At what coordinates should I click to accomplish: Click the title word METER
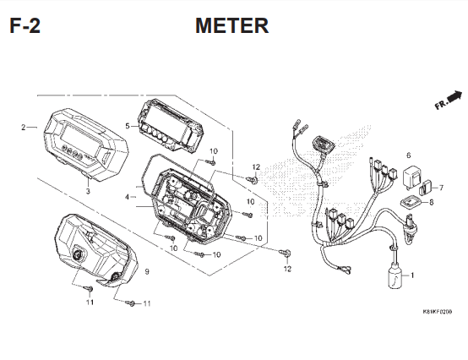[x=231, y=26]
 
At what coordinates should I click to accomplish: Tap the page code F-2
[x=24, y=26]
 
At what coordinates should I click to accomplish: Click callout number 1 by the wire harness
[x=412, y=275]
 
